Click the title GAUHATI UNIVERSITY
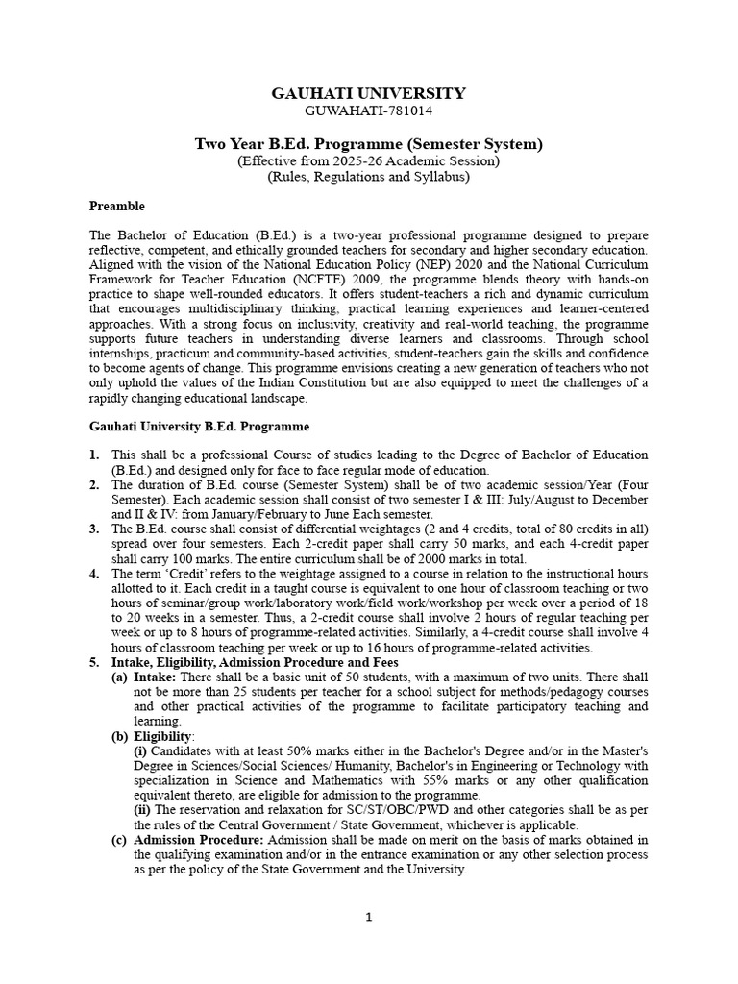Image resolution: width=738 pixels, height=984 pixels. tap(369, 93)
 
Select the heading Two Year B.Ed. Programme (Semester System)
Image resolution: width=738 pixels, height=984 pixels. tap(369, 144)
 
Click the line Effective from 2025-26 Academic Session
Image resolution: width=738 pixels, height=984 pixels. tap(369, 161)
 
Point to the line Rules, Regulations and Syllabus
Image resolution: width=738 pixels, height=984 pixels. tap(369, 178)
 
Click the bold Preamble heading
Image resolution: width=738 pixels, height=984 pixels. tap(117, 206)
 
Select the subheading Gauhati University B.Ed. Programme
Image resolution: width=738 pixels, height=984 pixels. tap(199, 426)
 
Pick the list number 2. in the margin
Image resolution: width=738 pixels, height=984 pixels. tap(94, 485)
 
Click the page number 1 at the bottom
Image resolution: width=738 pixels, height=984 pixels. tap(369, 917)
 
